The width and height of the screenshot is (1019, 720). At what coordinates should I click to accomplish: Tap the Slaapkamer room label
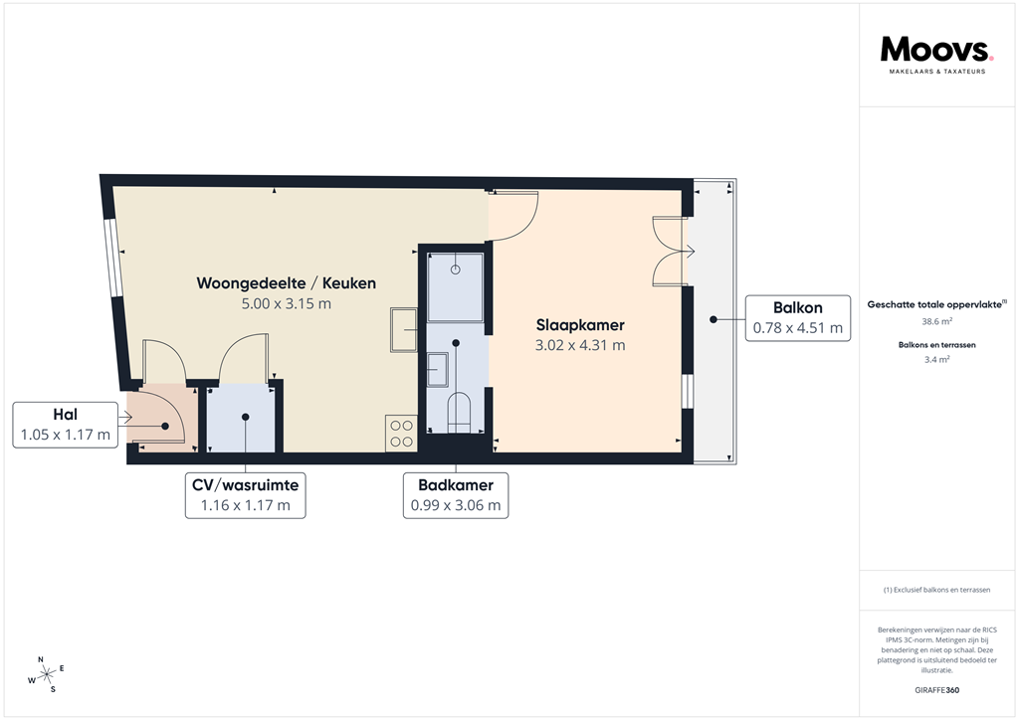click(579, 326)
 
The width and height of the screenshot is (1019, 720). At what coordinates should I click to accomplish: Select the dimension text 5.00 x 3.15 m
click(286, 303)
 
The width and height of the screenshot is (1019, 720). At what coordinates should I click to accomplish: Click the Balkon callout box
click(797, 318)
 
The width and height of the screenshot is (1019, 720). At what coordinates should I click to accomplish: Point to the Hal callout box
click(65, 425)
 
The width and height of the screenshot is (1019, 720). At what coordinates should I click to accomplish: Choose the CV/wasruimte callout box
click(245, 495)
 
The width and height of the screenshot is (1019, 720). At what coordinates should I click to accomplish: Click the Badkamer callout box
click(456, 495)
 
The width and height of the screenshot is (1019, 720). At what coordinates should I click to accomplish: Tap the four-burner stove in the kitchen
click(401, 433)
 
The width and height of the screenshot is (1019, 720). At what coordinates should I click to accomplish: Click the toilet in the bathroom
click(457, 413)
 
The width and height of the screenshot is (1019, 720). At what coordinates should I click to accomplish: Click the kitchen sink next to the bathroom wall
click(404, 330)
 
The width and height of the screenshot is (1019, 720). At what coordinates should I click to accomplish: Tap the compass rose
click(45, 674)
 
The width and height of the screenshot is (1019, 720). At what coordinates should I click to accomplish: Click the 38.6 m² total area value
click(936, 321)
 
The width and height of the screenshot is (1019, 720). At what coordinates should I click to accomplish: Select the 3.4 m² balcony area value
click(936, 360)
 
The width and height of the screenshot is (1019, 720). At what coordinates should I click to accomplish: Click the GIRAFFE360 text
click(936, 690)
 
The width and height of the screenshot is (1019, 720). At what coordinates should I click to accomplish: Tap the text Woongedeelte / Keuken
click(286, 283)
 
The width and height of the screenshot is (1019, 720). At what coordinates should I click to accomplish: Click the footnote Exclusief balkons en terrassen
click(936, 590)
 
